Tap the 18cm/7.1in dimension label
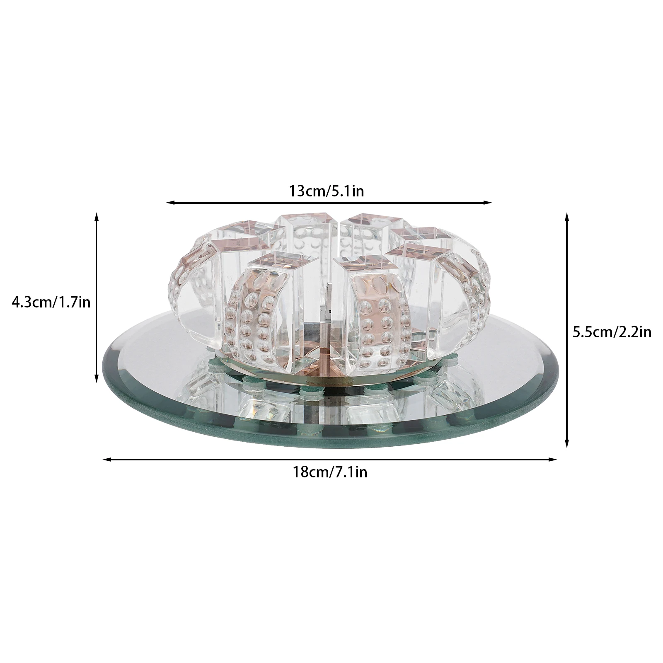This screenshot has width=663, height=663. [x=330, y=472]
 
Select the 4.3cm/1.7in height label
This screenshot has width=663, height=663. [x=51, y=302]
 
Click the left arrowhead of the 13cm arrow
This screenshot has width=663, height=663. [x=170, y=203]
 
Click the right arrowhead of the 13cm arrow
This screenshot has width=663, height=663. [x=488, y=203]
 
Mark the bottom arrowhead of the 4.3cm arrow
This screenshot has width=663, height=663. [x=97, y=377]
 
